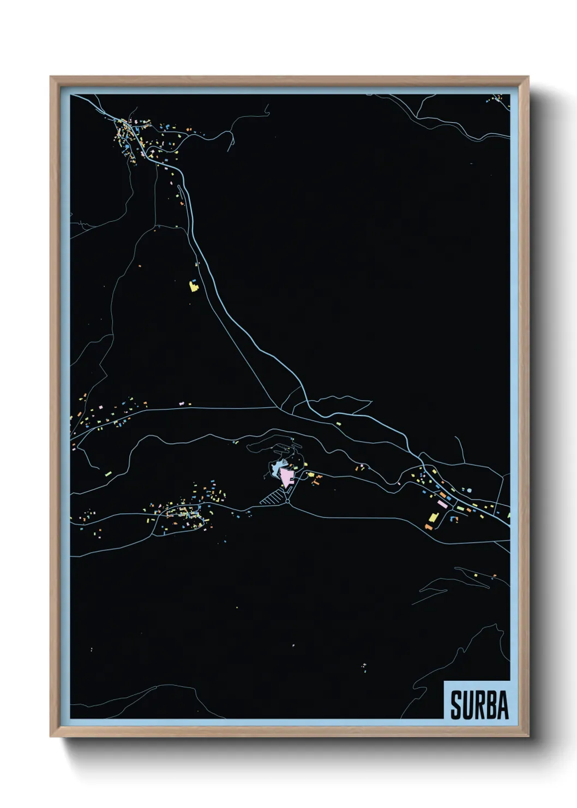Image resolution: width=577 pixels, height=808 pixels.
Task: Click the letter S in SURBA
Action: point(456,705)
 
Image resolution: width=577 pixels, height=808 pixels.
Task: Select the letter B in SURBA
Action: point(491,705)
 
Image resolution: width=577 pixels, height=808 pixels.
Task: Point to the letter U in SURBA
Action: point(467,705)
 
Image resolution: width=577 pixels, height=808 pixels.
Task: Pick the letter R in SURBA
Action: point(479,705)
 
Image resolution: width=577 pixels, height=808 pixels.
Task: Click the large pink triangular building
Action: point(286,477)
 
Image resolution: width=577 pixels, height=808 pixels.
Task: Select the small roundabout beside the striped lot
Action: point(287,501)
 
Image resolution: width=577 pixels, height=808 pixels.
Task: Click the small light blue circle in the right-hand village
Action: point(468,490)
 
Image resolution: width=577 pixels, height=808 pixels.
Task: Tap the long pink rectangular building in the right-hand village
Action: point(442,503)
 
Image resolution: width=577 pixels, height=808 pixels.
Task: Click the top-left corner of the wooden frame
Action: point(51,77)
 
